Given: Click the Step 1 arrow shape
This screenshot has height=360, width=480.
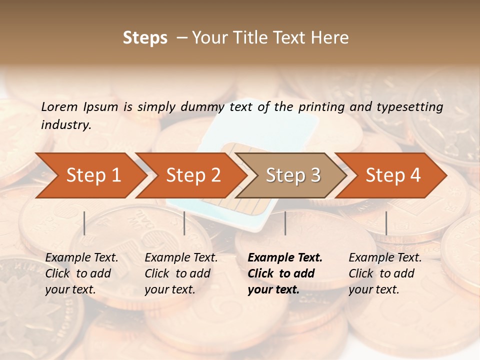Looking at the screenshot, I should pyautogui.click(x=90, y=175).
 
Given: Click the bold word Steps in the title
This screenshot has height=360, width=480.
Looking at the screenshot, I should pyautogui.click(x=145, y=38).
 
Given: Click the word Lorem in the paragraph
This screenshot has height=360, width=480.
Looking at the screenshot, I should pyautogui.click(x=59, y=106).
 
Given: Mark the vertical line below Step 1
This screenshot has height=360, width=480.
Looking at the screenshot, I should pyautogui.click(x=84, y=223).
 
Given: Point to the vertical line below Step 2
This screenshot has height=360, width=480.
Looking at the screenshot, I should pyautogui.click(x=184, y=223).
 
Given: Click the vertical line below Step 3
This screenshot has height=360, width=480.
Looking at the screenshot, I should pyautogui.click(x=285, y=223).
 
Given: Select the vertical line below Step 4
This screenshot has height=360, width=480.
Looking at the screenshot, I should pyautogui.click(x=386, y=223).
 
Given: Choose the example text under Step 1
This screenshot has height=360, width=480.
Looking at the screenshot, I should pyautogui.click(x=81, y=273).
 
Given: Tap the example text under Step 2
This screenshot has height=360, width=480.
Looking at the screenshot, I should pyautogui.click(x=180, y=273).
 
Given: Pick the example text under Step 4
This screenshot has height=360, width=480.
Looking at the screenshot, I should pyautogui.click(x=384, y=273).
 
